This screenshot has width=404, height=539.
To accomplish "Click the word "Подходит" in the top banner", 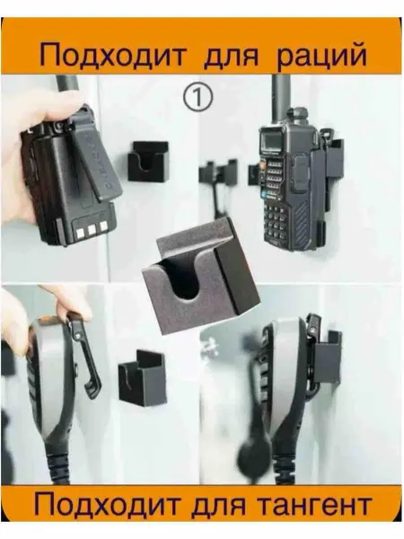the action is pos(112,56).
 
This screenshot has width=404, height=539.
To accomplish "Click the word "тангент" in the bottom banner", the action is pos(314,505).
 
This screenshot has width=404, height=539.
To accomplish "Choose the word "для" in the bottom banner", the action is pos(218,506).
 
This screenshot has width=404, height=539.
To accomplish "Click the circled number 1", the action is pos(198,97).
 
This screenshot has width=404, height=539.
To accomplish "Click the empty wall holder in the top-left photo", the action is pos(148,161).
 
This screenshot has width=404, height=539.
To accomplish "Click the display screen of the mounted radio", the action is pos(271,141).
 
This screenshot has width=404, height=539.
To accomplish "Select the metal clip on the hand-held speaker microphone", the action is pos(83,354).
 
